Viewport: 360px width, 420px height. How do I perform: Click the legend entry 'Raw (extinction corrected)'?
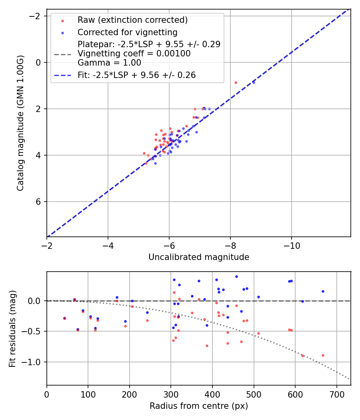click(132, 20)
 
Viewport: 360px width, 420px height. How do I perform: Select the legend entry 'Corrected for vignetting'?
click(127, 32)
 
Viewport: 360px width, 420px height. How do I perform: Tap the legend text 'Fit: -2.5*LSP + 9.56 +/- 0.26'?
click(136, 75)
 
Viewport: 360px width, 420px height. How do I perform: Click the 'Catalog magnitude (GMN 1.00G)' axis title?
click(20, 123)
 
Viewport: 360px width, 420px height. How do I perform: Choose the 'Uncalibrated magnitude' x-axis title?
click(199, 257)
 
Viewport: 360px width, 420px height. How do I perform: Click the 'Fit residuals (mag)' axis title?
click(12, 328)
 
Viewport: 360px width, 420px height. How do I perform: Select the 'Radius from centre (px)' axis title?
click(199, 406)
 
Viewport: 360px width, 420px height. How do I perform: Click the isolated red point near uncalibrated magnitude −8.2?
click(236, 82)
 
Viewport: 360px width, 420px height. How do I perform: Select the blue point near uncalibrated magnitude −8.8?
click(254, 82)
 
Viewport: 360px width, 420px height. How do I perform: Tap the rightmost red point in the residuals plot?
click(323, 355)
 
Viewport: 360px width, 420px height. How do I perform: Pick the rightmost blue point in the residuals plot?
click(323, 291)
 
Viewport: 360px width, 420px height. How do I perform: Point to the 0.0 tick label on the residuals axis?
click(36, 301)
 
